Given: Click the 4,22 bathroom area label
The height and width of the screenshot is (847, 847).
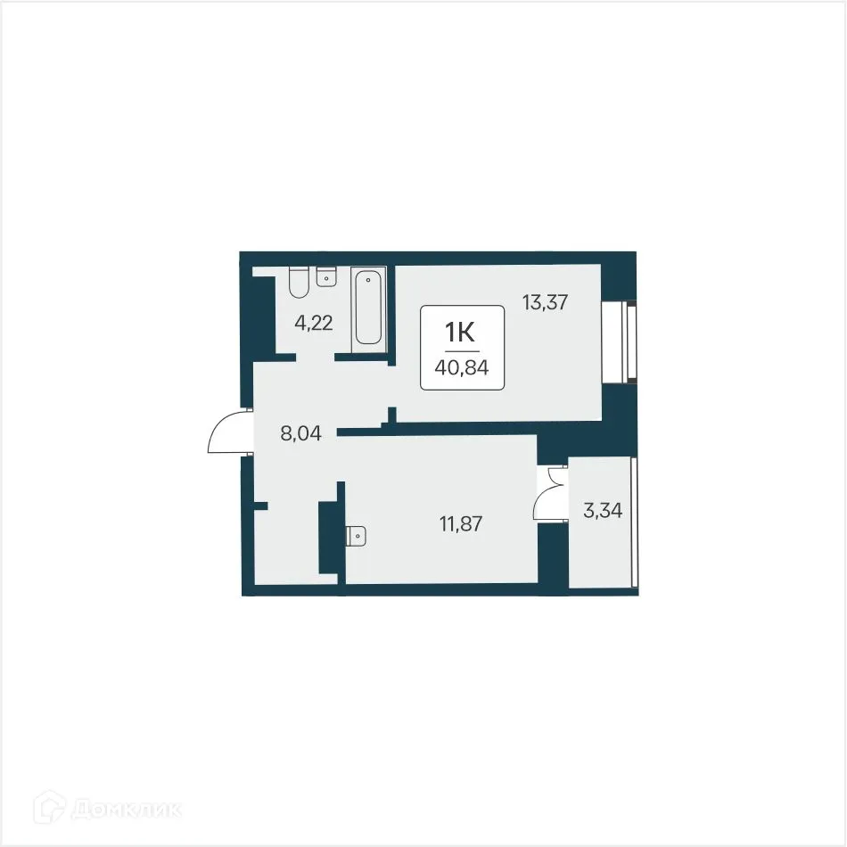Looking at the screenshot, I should (314, 323).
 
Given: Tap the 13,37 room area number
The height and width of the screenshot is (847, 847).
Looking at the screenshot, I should (545, 303).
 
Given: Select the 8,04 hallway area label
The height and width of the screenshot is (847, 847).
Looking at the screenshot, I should (300, 435).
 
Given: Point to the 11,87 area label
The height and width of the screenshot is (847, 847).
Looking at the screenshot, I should (460, 524).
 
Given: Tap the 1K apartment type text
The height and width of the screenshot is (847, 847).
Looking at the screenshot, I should (461, 332).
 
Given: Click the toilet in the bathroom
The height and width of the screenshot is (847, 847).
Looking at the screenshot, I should (299, 283).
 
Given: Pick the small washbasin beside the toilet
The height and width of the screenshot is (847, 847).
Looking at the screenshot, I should (326, 276).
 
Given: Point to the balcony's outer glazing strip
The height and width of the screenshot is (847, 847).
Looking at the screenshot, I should (633, 522).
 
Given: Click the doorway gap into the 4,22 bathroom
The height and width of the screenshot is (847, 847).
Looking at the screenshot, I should (315, 358).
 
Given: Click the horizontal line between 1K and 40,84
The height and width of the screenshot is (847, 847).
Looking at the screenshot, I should (462, 349).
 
